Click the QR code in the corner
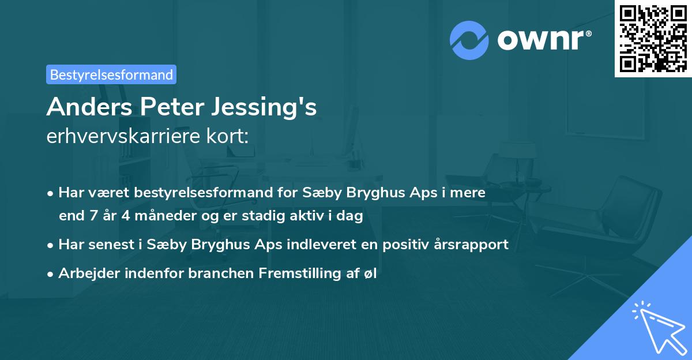click(653, 39)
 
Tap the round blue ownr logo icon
click(469, 40)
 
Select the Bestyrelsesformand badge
click(111, 74)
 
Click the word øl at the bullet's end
click(370, 273)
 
